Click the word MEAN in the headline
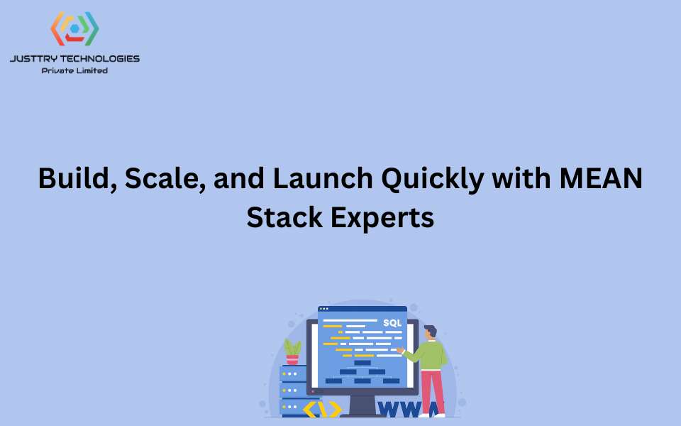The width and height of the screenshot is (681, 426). point(601,178)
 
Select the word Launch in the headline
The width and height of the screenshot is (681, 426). point(323,178)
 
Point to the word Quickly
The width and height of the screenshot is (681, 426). point(433,180)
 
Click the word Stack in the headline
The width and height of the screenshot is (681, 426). point(284,217)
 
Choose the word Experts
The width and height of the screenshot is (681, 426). point(382,218)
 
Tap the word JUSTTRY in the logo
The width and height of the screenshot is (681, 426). point(33,59)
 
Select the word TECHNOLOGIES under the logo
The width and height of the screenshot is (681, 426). point(100,59)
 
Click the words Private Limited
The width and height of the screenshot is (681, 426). point(74,70)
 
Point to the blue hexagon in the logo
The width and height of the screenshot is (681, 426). point(74,28)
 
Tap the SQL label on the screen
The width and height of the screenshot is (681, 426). point(392,323)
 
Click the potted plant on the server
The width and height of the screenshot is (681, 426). point(293,352)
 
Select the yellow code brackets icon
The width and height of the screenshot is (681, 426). point(322,410)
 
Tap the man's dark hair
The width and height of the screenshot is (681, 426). point(431,330)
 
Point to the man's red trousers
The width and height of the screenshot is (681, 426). point(433,392)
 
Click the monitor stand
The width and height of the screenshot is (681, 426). point(362,406)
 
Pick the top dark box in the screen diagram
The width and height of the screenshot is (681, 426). point(362,363)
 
